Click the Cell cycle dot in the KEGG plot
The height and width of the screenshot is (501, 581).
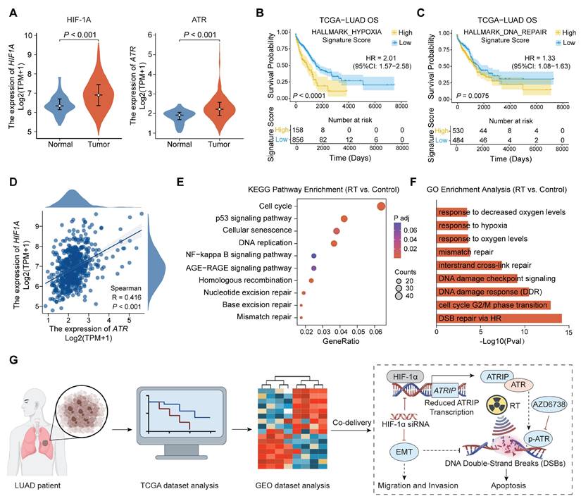(x=381, y=206)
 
